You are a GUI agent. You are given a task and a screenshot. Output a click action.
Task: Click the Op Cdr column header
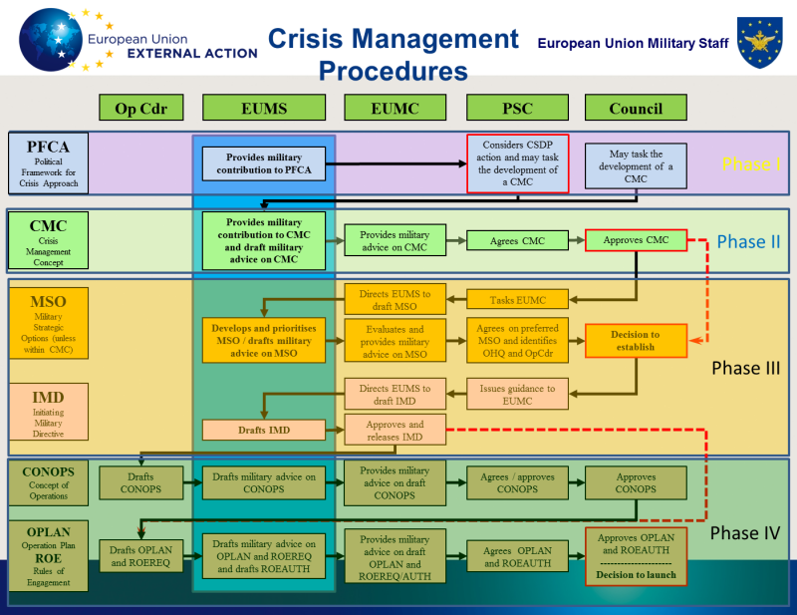(x=141, y=108)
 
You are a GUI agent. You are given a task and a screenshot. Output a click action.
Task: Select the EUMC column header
(x=395, y=108)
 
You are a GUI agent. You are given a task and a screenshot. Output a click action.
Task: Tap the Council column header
(x=636, y=108)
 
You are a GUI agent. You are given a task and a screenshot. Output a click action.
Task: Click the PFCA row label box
(x=48, y=163)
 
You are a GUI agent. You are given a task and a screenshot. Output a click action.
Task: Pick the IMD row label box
(x=48, y=412)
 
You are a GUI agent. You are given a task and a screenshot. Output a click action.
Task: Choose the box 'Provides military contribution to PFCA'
(x=264, y=163)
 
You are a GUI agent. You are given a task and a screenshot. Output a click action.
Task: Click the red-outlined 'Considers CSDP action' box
(x=517, y=163)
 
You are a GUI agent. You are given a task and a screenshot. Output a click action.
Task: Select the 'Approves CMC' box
(x=636, y=240)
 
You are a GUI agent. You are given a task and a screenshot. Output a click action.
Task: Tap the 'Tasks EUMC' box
(x=517, y=300)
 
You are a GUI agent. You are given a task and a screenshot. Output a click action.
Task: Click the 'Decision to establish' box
(x=636, y=340)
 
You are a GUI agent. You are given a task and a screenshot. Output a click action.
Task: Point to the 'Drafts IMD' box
(x=264, y=430)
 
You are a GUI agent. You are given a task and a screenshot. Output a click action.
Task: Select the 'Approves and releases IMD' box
(x=395, y=430)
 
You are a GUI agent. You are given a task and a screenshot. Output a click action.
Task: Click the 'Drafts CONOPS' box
(x=140, y=482)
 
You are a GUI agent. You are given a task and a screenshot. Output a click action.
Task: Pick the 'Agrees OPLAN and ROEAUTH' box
(x=517, y=556)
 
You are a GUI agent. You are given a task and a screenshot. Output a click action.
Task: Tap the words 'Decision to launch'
(x=636, y=575)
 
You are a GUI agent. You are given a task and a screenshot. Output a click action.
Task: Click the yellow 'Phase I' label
(x=751, y=164)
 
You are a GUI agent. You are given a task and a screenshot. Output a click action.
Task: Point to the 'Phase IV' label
(x=744, y=533)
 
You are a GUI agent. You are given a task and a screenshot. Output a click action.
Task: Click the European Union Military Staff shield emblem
(x=760, y=42)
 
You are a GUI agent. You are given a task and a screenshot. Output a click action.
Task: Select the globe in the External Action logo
(x=50, y=40)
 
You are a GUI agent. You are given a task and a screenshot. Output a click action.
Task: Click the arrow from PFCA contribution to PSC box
(x=396, y=163)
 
